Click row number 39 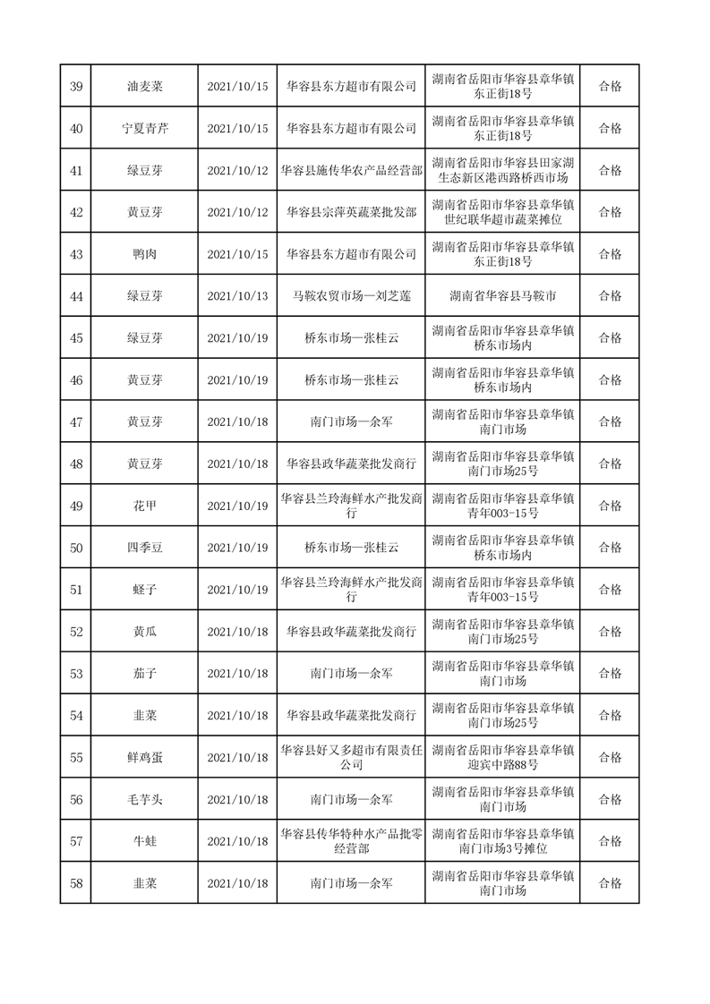pyautogui.click(x=76, y=87)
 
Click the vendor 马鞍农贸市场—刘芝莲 pyautogui.click(x=351, y=296)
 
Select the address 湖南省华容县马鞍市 pyautogui.click(x=502, y=296)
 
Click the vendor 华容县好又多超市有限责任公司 pyautogui.click(x=351, y=757)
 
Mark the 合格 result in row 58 pyautogui.click(x=610, y=883)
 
